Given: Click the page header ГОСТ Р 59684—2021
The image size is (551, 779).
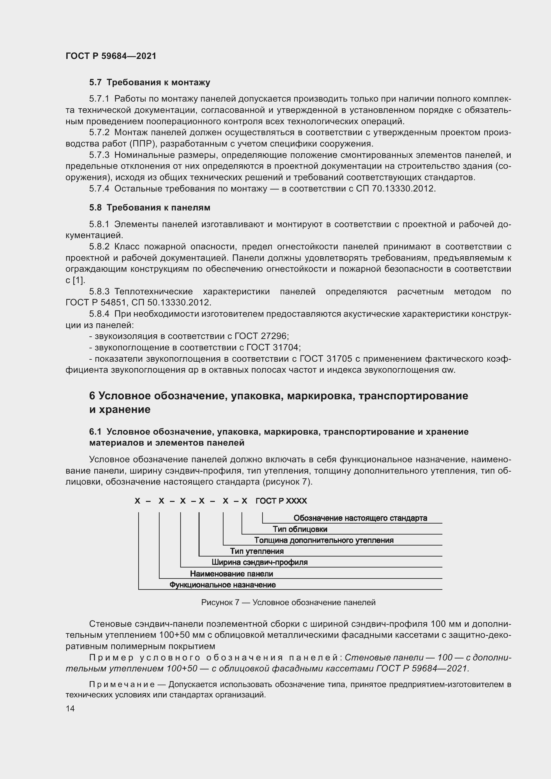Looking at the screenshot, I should point(111,56).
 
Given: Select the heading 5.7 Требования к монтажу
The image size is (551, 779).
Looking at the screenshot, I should point(150,83).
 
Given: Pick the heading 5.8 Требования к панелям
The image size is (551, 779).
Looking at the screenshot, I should point(150,207).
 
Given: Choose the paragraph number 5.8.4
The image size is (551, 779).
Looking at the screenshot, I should point(99,314).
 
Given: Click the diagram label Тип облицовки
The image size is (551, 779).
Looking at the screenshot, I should point(300,529).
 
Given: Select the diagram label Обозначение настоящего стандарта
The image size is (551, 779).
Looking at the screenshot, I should point(360,518).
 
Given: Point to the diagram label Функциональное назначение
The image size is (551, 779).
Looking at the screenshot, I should point(223,585).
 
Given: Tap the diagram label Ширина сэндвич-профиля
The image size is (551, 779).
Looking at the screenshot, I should point(260,563).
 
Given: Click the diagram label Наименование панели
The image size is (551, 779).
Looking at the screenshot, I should point(232,574).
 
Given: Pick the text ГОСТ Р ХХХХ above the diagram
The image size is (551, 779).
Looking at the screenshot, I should point(281,501).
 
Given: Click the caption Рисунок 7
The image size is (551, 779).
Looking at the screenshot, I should point(220,602).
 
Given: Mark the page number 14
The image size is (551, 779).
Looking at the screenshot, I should point(70,708).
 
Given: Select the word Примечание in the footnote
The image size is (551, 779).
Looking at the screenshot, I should point(122,684).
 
